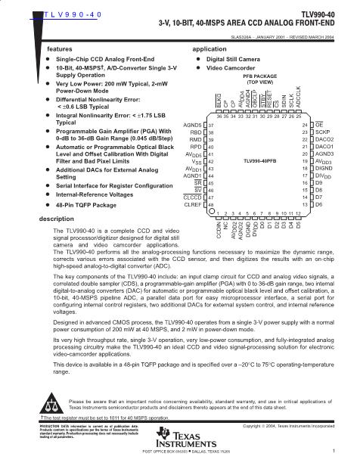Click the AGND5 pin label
192,123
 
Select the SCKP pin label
324,132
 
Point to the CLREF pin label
193,204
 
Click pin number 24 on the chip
305,123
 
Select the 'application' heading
209,48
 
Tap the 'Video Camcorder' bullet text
231,67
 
